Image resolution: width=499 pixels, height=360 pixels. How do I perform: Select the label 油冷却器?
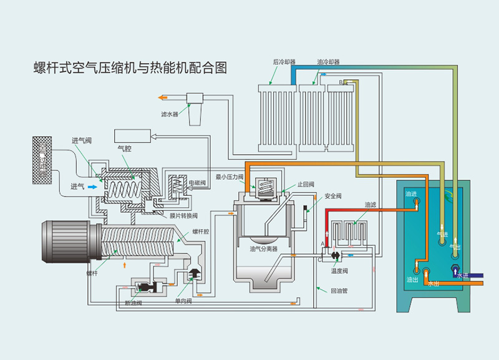pyautogui.click(x=328, y=62)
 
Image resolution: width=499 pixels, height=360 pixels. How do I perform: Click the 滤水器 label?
pyautogui.click(x=170, y=114)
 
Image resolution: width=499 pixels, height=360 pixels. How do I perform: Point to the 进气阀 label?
pyautogui.click(x=82, y=140)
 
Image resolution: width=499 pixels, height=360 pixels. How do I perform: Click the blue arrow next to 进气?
pyautogui.click(x=92, y=185)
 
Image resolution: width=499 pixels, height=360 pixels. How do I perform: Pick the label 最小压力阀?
pyautogui.click(x=230, y=177)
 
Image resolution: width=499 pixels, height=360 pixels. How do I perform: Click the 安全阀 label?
pyautogui.click(x=333, y=196)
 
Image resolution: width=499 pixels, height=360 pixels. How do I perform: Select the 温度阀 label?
pyautogui.click(x=340, y=271)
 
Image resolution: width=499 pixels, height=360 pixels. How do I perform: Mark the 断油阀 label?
pyautogui.click(x=133, y=303)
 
